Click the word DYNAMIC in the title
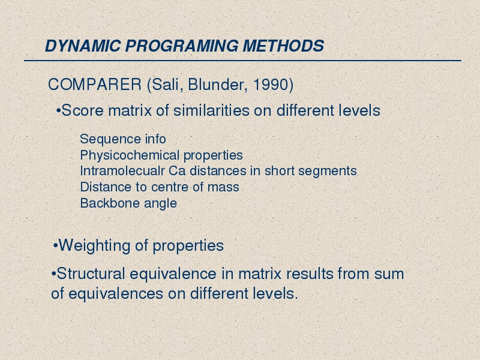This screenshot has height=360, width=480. coord(83,46)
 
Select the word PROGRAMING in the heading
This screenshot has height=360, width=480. coord(182,46)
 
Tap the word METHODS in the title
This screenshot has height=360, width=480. coord(283,46)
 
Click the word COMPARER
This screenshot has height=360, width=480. coord(95,85)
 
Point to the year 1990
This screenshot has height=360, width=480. coord(271,85)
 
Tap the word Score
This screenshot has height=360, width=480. coord(83,110)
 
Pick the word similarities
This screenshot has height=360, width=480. coord(212,110)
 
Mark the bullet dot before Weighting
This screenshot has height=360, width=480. coord(55,246)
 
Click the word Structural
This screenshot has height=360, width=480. coord(91,274)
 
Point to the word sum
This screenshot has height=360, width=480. coord(389,274)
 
